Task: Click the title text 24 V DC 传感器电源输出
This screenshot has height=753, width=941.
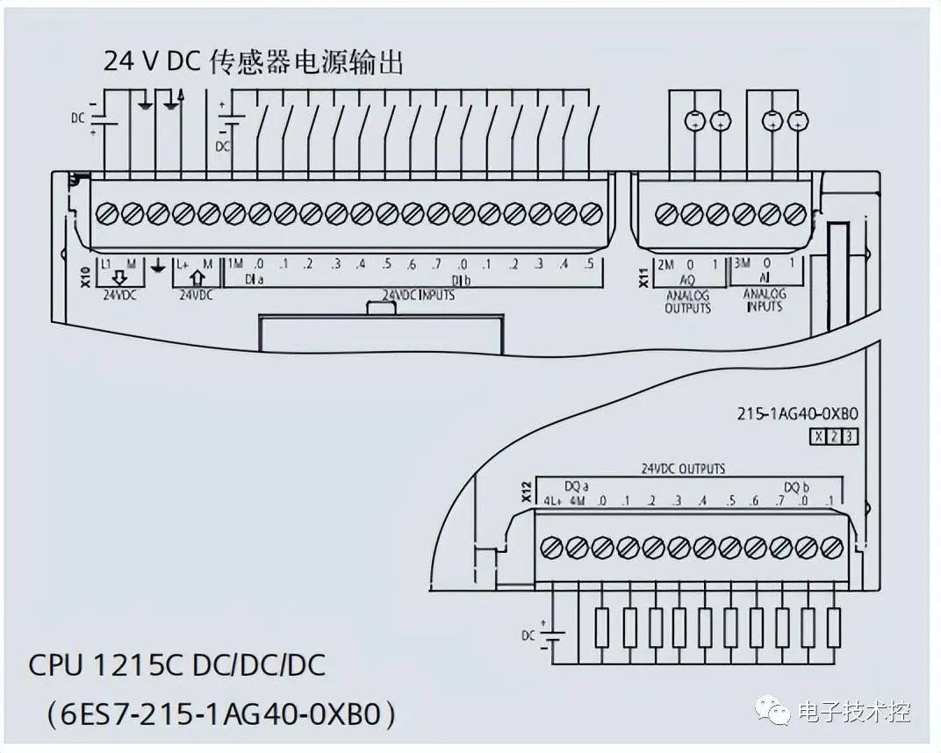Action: pos(253,61)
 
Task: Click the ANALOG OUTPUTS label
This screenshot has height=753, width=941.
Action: pos(687,302)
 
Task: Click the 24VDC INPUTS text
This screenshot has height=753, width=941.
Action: pos(418,296)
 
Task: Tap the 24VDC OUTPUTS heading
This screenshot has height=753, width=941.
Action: pos(684,469)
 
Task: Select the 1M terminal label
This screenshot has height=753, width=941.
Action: pos(235,263)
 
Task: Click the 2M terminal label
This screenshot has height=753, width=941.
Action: pos(665,263)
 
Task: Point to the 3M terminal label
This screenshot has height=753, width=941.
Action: pos(742,263)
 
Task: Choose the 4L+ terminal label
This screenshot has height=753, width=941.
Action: pos(551,501)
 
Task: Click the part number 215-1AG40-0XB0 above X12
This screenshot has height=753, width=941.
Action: pos(796,414)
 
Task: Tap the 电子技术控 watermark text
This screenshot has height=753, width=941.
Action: pos(854,712)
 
